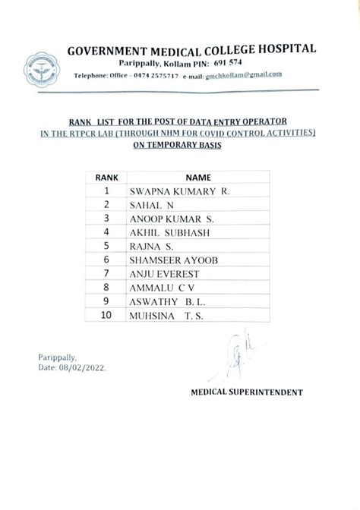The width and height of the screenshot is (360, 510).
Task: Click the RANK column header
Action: pos(106,176)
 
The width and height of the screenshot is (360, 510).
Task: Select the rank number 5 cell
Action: pos(107,246)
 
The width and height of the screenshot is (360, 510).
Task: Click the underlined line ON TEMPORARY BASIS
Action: pos(177,143)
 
